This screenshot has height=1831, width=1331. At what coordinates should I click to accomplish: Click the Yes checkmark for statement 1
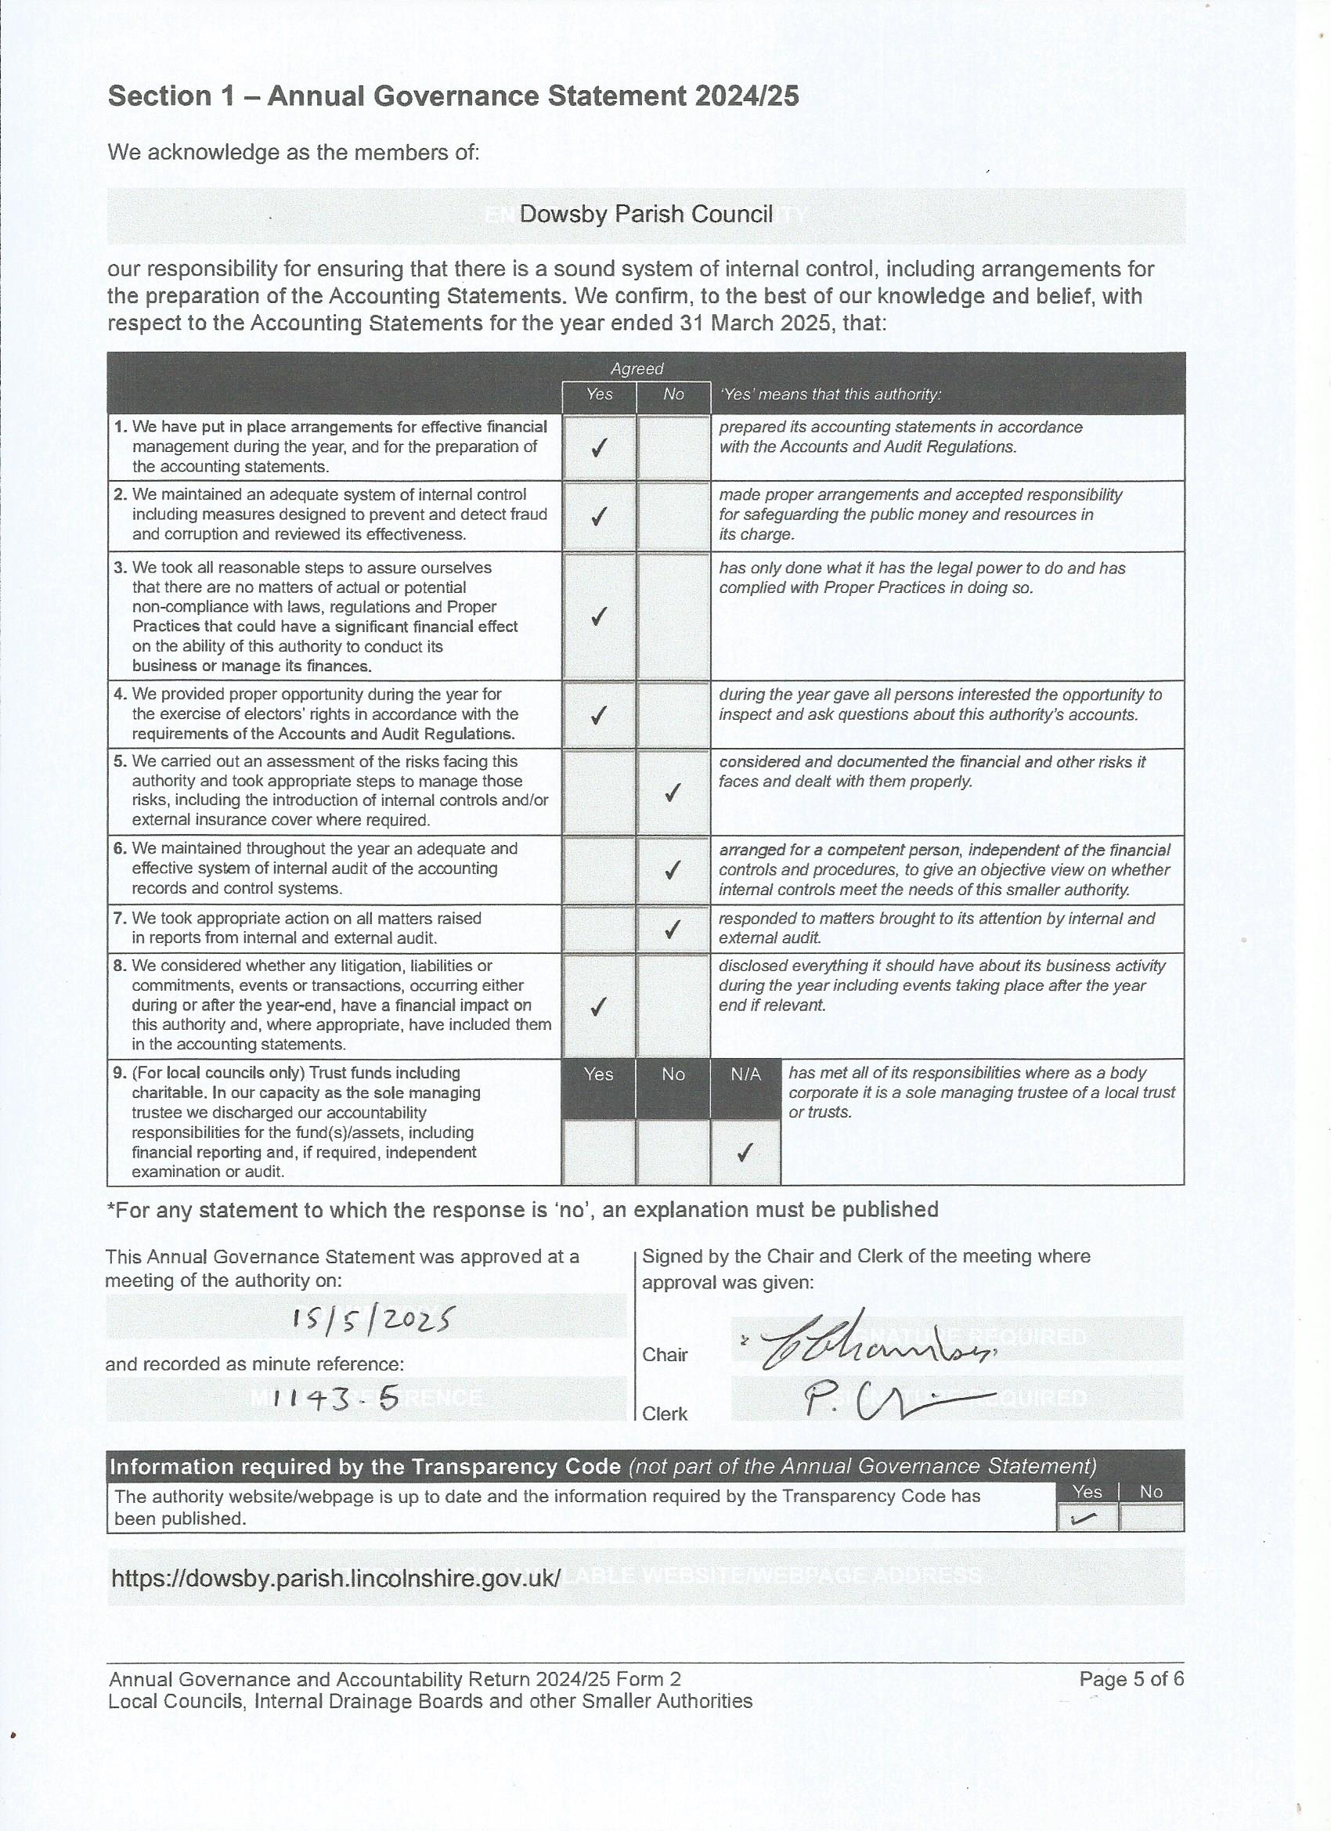[x=598, y=449]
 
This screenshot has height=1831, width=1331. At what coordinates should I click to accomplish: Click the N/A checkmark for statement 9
[x=745, y=1152]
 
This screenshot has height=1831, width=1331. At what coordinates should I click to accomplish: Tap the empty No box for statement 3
[x=673, y=616]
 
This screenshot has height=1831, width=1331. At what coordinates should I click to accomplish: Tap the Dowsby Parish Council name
[x=646, y=215]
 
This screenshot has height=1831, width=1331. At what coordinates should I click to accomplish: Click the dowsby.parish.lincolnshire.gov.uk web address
[x=335, y=1578]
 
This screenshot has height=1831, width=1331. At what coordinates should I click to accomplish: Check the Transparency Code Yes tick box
[x=1088, y=1519]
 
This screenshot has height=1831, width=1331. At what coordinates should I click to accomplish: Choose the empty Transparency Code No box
[x=1151, y=1519]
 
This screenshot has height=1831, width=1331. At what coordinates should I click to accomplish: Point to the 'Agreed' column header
[x=636, y=369]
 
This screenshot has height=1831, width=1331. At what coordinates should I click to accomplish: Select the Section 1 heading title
[x=453, y=96]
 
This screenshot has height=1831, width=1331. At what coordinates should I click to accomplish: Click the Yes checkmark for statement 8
[x=598, y=1006]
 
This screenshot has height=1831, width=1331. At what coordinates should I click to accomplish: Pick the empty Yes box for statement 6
[x=598, y=869]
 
